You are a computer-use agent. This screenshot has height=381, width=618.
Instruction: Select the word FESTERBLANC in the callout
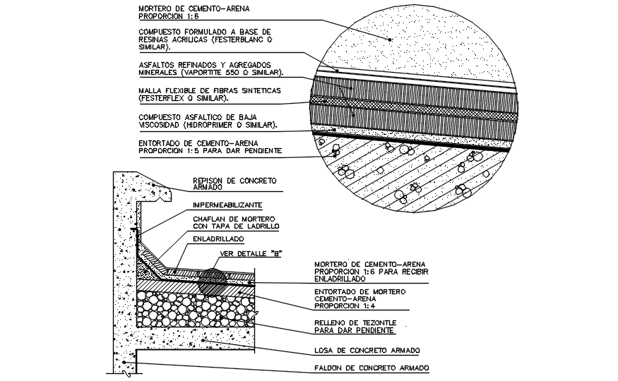point(225,40)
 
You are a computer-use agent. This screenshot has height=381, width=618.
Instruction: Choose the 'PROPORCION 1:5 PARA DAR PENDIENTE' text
point(211,150)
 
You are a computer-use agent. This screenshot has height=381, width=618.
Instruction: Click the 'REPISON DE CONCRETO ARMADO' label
point(234,183)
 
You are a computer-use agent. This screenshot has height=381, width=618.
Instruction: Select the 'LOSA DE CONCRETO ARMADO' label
point(367,350)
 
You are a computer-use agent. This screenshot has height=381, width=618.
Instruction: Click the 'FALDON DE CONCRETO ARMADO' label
point(372,368)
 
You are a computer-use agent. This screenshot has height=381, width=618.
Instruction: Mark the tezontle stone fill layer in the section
point(191,311)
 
